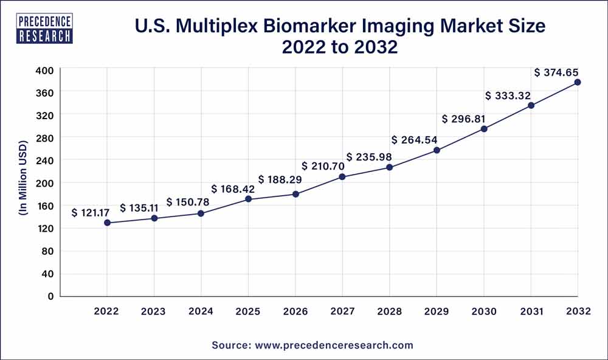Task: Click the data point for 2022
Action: click(x=108, y=223)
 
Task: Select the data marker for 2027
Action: click(x=342, y=177)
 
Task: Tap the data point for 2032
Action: click(x=577, y=82)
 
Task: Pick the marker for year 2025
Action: click(x=248, y=199)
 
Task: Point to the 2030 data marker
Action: click(x=484, y=129)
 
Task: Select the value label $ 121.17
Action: click(x=91, y=213)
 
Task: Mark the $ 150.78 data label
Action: click(x=186, y=202)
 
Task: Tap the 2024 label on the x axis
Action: click(x=201, y=311)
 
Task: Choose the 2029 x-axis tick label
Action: click(x=437, y=311)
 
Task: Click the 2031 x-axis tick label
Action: click(x=531, y=311)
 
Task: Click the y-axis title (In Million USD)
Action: click(x=23, y=183)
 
